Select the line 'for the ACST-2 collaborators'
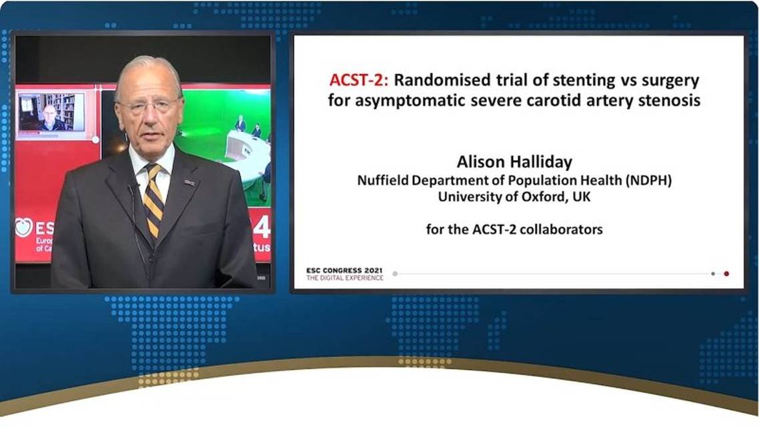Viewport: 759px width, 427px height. [x=514, y=230]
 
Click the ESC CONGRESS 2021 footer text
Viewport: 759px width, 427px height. [x=345, y=270]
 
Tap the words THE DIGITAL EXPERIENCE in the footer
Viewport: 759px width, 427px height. [x=345, y=278]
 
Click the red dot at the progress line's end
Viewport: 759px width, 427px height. [x=726, y=274]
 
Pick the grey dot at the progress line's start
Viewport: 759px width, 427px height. [x=395, y=274]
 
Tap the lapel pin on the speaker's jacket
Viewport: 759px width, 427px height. [x=190, y=181]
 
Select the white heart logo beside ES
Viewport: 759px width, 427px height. [x=25, y=227]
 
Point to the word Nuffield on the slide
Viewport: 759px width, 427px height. [x=382, y=180]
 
